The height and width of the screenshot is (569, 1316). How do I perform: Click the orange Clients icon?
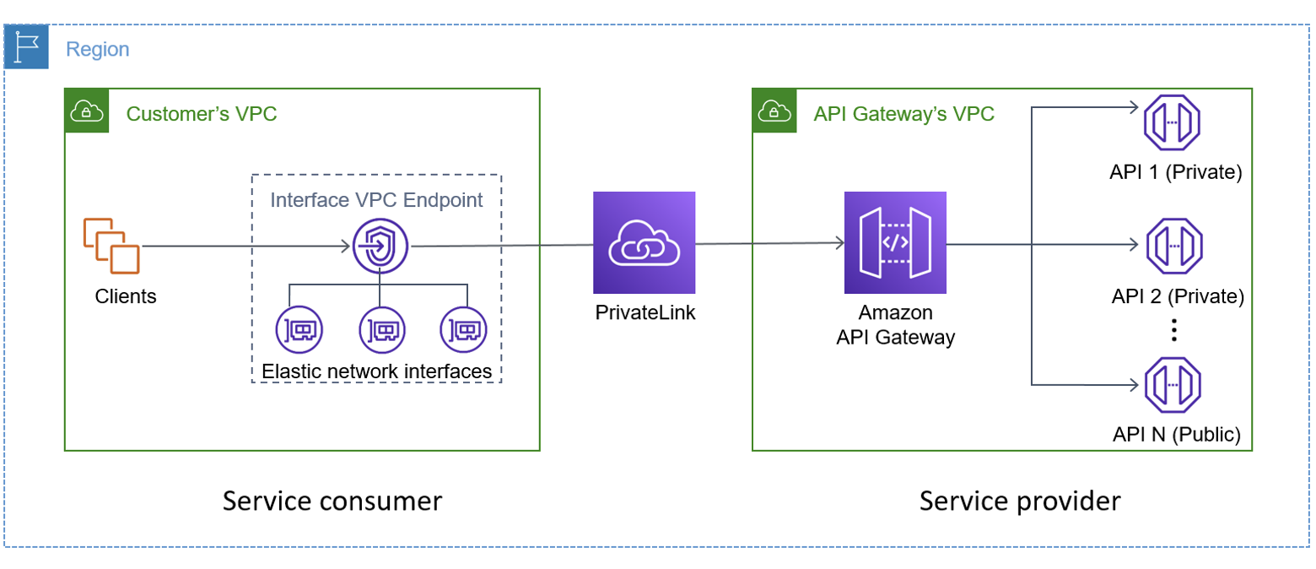111,246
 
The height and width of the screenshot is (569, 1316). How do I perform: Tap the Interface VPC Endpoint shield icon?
380,246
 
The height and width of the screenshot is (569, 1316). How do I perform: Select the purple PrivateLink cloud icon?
644,242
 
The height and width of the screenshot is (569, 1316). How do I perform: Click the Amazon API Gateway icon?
895,242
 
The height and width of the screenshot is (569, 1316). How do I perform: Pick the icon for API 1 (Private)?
1172,122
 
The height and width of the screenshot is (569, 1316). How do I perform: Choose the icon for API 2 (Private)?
1172,246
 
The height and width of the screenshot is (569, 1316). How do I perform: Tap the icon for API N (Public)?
1172,385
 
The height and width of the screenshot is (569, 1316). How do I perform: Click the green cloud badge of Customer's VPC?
87,111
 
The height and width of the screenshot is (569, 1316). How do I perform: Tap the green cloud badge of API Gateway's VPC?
774,111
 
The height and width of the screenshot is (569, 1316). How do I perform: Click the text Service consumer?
332,501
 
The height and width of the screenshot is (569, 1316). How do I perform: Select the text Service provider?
1020,501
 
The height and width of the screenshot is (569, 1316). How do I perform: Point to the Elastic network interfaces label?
376,371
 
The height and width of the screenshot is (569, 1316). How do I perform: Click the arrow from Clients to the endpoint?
245,247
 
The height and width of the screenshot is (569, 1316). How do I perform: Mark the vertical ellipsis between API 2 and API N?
1173,330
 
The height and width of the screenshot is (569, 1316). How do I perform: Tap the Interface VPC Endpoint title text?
376,200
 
